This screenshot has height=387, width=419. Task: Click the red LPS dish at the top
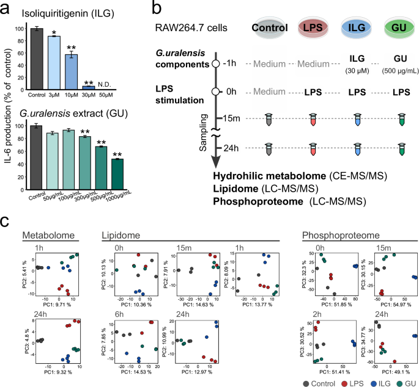[315, 27]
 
